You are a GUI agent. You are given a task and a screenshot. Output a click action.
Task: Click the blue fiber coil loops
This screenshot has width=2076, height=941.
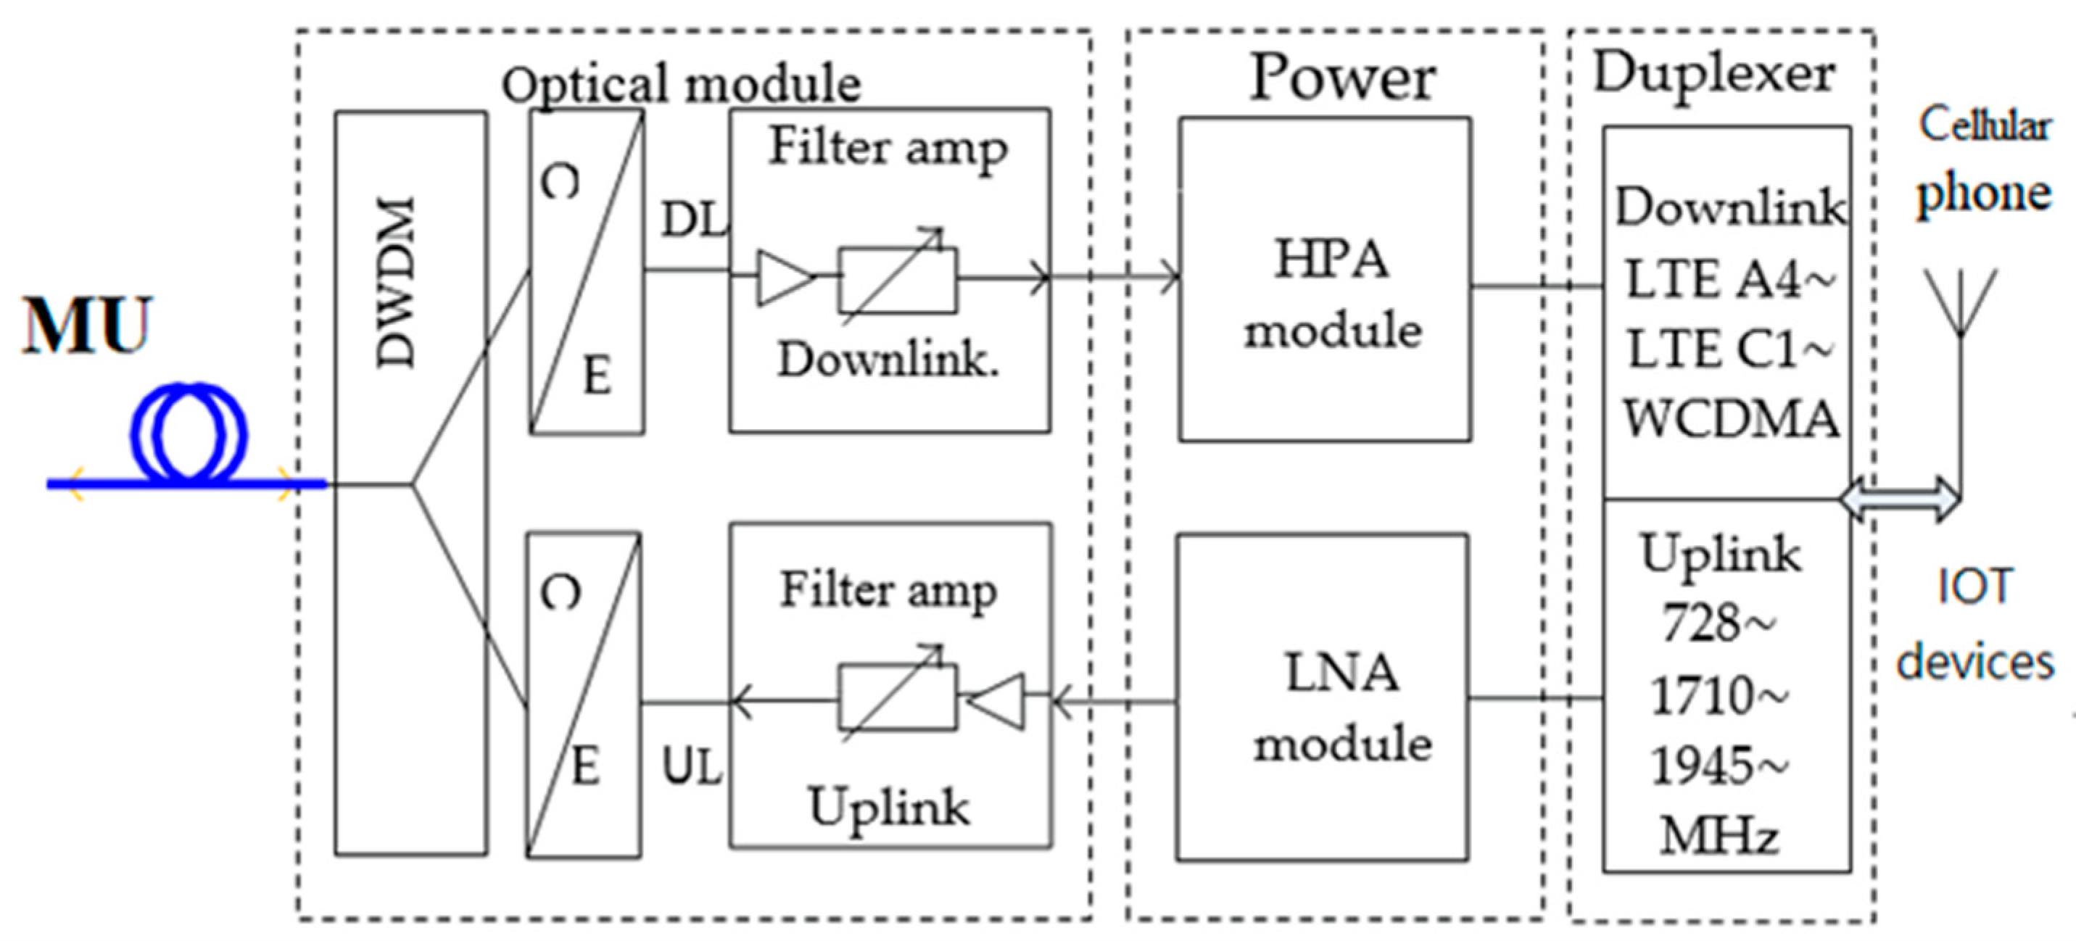coord(189,435)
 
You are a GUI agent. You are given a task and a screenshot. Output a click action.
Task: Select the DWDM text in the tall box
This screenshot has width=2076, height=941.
coord(397,283)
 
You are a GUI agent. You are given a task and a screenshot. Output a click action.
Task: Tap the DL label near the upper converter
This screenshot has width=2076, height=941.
coord(693,219)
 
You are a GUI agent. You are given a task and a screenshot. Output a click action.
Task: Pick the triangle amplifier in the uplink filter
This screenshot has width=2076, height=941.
coord(998,702)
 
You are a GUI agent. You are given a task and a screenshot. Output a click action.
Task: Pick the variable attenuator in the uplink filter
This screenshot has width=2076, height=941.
coord(897,696)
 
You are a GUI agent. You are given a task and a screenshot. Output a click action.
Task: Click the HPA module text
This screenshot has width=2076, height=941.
coord(1332,295)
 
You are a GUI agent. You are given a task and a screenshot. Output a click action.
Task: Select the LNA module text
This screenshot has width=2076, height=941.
coord(1342,708)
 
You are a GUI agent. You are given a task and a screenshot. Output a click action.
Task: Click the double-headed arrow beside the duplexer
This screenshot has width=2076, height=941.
coord(1901,499)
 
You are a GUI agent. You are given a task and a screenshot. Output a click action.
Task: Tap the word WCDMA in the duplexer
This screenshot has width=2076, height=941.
coord(1731,420)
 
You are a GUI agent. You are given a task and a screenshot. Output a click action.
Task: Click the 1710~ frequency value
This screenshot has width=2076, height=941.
coord(1719,695)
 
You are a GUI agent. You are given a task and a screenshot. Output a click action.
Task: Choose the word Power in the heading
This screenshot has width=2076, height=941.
coord(1342,78)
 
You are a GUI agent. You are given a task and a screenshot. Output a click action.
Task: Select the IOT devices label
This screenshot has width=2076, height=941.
coord(1974,624)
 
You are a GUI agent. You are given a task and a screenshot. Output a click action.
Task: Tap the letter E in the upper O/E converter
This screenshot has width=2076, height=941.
coord(597,376)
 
